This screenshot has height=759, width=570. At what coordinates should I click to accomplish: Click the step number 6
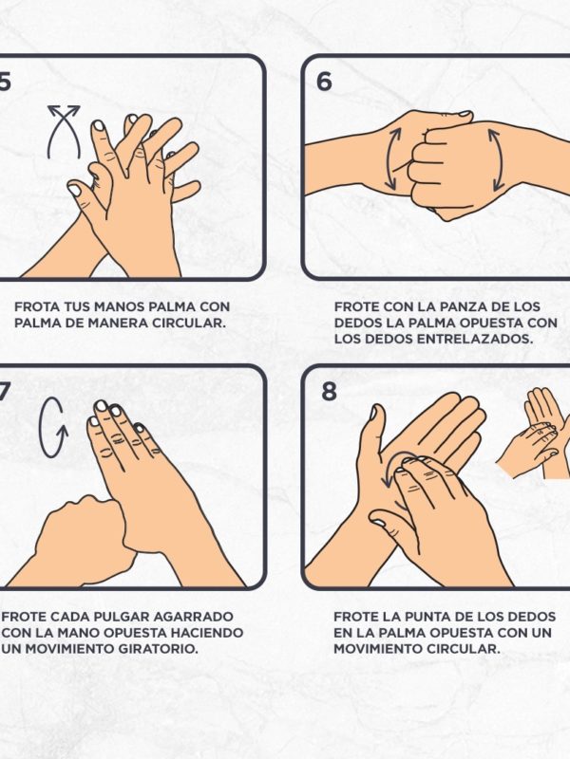click(x=324, y=81)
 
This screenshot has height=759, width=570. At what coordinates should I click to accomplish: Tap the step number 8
click(x=329, y=391)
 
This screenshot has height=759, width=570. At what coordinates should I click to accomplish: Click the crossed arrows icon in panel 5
click(x=64, y=132)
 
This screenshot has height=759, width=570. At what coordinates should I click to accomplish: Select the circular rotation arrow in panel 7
click(x=53, y=428)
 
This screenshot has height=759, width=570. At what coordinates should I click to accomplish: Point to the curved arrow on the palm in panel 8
click(x=395, y=466)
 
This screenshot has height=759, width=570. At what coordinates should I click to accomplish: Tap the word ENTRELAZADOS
click(x=474, y=339)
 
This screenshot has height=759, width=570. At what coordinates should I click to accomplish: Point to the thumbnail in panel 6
click(x=465, y=114)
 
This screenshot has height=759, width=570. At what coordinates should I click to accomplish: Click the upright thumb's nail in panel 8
click(x=373, y=413)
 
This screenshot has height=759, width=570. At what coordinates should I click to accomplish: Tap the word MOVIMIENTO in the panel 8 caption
click(x=377, y=649)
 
